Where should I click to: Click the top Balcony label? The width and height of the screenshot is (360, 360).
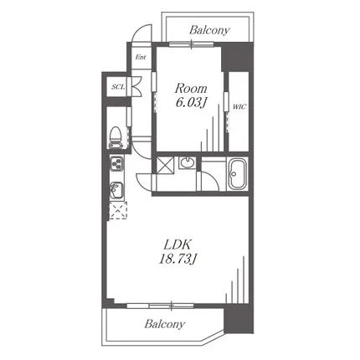(x=209, y=30)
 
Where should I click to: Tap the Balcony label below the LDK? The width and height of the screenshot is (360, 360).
(x=165, y=324)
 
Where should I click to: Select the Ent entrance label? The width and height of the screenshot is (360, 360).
(x=141, y=57)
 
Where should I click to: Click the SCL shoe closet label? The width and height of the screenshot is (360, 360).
(x=118, y=87)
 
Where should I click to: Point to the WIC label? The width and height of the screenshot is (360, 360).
(x=239, y=106)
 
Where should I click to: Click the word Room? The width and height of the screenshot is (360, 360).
(x=191, y=89)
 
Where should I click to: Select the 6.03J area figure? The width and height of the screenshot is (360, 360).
(x=191, y=102)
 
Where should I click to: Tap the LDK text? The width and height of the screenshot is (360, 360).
(x=177, y=245)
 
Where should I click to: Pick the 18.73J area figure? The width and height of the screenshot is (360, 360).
(x=177, y=260)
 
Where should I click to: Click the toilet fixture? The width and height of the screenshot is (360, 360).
(x=116, y=138)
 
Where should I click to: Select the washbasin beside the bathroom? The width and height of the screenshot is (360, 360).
(x=187, y=162)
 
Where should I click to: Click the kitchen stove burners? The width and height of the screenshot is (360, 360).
(x=116, y=163)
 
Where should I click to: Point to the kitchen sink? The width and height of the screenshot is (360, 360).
(x=116, y=190)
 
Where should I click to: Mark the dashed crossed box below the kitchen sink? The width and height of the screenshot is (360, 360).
(x=118, y=210)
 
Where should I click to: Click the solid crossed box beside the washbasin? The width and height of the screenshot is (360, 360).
(x=165, y=166)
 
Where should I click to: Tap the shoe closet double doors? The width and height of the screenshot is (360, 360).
(x=136, y=86)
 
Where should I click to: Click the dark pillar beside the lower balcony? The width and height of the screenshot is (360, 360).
(x=239, y=318)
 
